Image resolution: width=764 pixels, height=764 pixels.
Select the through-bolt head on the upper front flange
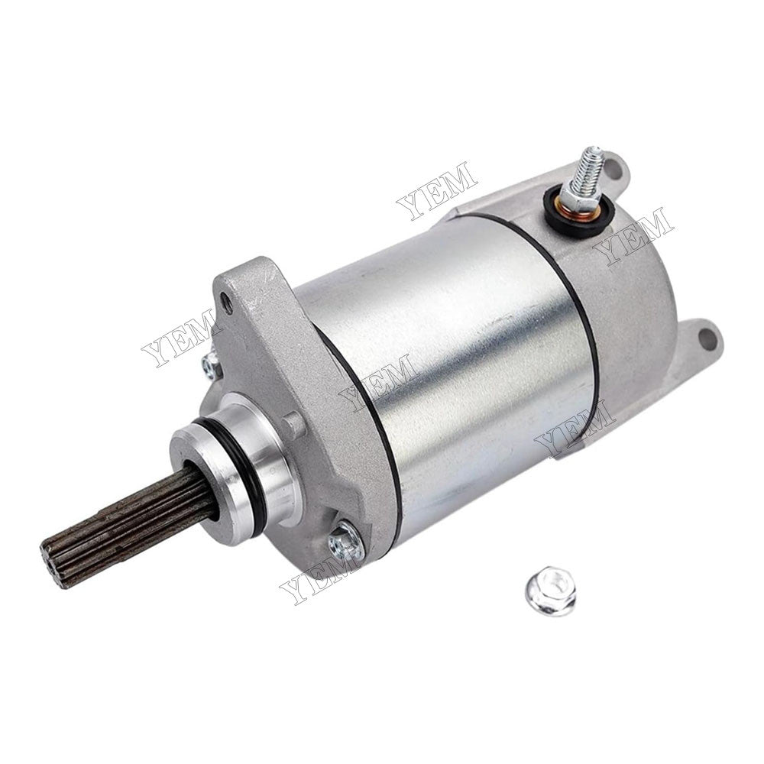211,365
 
